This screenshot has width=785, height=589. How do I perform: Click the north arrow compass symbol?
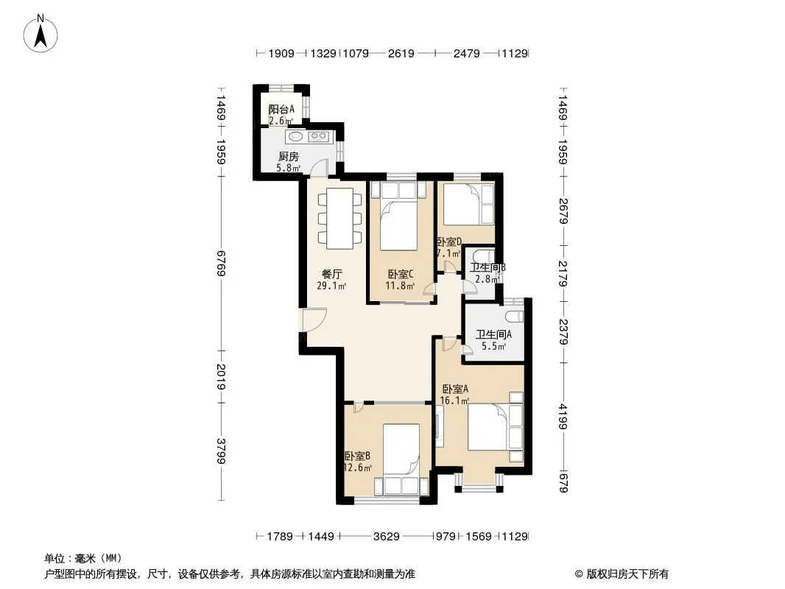(x=41, y=33)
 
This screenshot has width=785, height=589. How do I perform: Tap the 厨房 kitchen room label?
(x=289, y=157)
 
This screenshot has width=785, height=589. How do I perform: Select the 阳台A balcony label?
(x=281, y=109)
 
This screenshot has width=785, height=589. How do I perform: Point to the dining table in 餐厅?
(x=340, y=218)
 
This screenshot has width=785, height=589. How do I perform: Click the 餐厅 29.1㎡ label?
(x=331, y=280)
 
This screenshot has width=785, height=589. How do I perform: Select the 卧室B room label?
(x=357, y=456)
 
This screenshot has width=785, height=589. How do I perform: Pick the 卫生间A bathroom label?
(x=493, y=334)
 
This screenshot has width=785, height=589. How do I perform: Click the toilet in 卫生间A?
(x=514, y=317)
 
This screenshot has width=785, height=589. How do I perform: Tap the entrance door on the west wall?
(x=314, y=320)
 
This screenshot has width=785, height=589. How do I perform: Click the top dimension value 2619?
(x=401, y=53)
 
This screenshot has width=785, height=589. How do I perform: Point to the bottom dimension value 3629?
(x=387, y=537)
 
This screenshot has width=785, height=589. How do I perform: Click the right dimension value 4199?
(x=563, y=417)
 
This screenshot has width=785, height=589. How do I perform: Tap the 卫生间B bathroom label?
(x=487, y=267)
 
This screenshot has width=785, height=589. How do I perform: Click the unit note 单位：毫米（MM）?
(x=83, y=559)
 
